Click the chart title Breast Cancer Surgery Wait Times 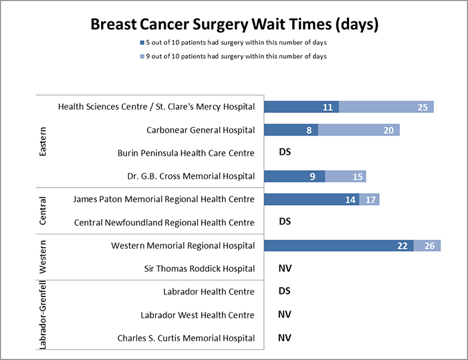click(x=234, y=25)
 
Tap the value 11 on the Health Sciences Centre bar click(x=328, y=107)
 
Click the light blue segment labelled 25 click(x=386, y=107)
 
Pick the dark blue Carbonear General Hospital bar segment click(x=291, y=130)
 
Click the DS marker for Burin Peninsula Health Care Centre click(x=285, y=153)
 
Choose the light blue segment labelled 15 click(x=346, y=176)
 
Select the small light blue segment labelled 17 click(x=370, y=199)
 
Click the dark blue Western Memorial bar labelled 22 click(x=338, y=246)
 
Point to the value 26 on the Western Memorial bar click(x=429, y=246)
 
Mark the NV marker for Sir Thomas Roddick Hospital click(x=285, y=268)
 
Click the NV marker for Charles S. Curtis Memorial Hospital click(x=285, y=338)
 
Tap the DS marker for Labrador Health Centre click(x=285, y=291)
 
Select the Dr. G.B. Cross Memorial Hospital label click(x=192, y=176)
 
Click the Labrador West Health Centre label click(x=197, y=315)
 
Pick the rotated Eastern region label click(x=43, y=141)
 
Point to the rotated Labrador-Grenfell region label click(x=43, y=315)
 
